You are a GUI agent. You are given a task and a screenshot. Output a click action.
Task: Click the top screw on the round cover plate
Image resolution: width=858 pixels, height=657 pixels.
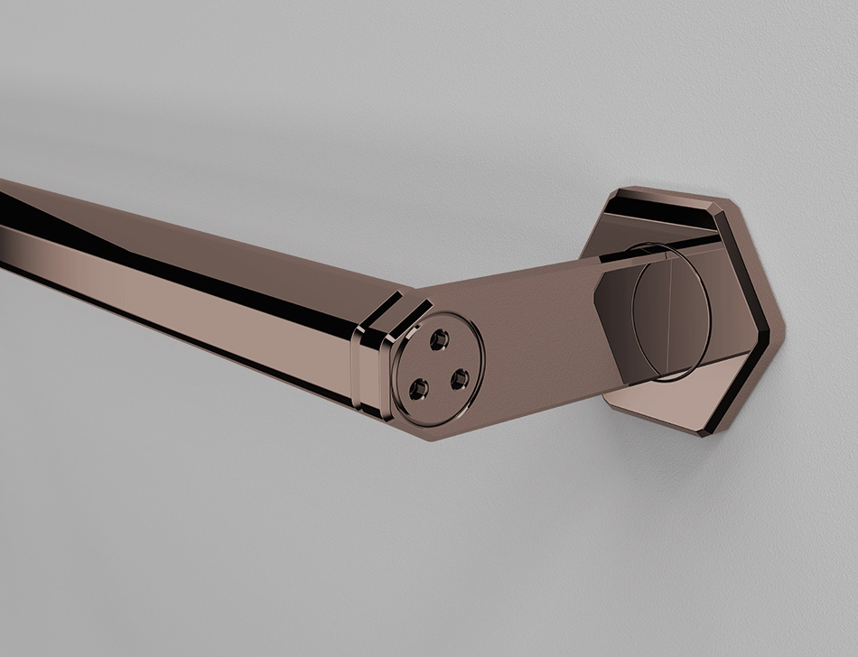point(440,339)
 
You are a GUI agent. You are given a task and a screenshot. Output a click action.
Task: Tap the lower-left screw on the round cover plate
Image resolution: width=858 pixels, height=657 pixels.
point(417,389)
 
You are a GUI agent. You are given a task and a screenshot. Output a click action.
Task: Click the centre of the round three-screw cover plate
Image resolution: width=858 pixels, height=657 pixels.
point(440,367)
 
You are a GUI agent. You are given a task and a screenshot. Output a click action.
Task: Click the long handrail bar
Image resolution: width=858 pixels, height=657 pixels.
point(181,280)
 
